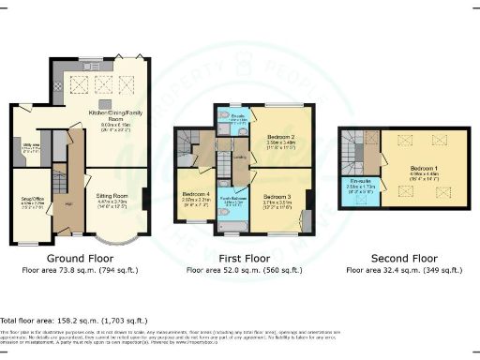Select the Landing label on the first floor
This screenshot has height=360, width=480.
click(238, 157)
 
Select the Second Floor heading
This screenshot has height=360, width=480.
click(403, 257)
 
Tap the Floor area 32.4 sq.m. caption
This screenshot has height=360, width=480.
click(403, 270)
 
